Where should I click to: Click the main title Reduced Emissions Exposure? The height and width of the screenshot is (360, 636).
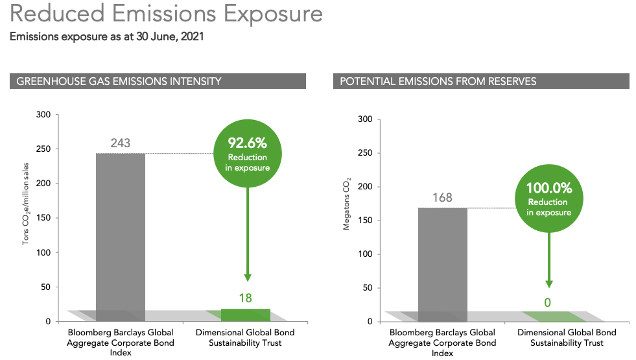point(166,13)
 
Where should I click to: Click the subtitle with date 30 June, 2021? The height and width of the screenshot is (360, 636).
point(107,36)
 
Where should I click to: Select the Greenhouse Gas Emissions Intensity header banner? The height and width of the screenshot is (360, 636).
point(158,81)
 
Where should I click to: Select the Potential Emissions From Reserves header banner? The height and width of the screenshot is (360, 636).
point(481,81)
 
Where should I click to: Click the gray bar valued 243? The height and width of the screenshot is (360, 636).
point(121,237)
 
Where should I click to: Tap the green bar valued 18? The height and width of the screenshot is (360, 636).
point(246,315)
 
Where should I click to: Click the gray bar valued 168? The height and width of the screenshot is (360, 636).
point(443,265)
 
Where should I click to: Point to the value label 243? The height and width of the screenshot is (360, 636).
point(121,143)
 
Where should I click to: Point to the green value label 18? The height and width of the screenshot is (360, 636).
point(246,298)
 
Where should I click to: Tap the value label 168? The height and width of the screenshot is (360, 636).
point(442,198)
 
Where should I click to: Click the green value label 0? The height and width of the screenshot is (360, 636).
point(548,303)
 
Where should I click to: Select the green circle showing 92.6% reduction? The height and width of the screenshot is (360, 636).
point(248,154)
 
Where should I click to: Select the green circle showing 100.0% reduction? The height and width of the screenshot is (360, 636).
point(548,198)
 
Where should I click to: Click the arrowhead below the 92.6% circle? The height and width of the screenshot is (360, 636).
point(248,278)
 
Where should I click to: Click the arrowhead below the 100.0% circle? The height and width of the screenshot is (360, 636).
point(548,284)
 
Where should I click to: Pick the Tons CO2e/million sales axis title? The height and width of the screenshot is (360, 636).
point(25,204)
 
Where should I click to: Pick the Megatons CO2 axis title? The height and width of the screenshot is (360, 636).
point(346,204)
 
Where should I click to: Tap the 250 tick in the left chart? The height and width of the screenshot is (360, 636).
point(43,149)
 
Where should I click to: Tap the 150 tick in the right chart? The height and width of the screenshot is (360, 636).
point(365,221)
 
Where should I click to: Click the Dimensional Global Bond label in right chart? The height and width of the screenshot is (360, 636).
point(567,338)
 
